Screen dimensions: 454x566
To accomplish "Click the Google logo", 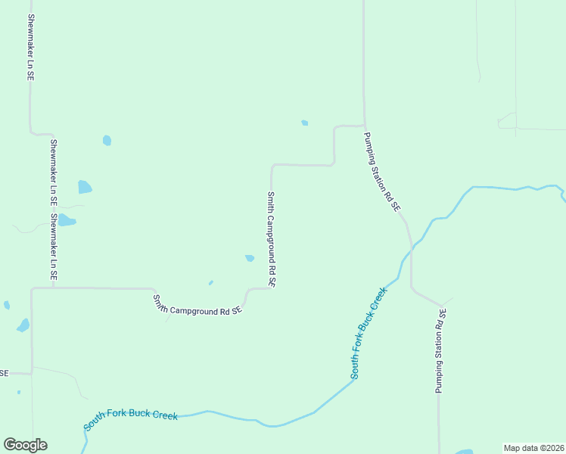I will (25, 445).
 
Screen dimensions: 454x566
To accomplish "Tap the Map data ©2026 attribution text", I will (533, 448).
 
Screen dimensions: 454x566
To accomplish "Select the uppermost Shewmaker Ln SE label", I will (31, 47).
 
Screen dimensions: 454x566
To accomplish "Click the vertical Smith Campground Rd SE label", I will (271, 239).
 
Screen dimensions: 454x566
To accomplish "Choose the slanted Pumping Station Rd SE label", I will (382, 172).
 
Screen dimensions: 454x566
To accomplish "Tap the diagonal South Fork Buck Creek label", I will (369, 333).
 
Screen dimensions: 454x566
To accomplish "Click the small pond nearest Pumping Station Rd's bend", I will (304, 123).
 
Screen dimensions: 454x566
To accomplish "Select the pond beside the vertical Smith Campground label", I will (250, 258).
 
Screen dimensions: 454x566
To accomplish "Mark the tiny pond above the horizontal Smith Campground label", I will (210, 283).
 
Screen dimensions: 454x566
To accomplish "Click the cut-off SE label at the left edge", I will (4, 373).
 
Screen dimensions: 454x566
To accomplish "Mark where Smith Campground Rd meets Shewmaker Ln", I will (31, 288).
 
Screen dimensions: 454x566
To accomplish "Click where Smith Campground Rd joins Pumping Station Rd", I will (364, 126).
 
